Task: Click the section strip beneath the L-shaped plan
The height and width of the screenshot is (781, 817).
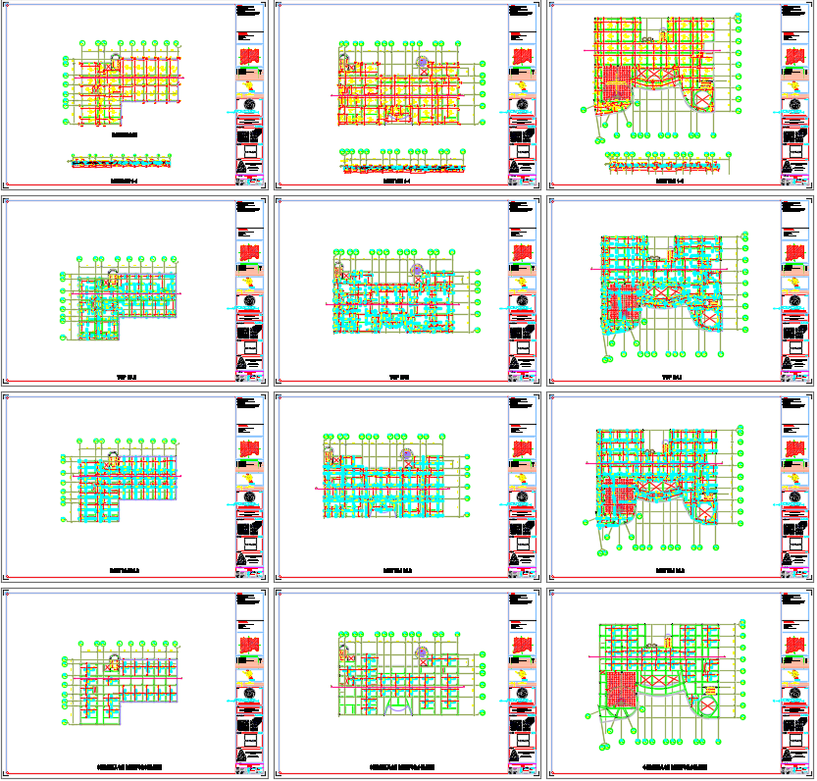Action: pos(122,162)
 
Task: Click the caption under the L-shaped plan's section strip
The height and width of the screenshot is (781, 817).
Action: pos(125,181)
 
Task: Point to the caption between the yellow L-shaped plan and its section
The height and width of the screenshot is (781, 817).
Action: pos(125,135)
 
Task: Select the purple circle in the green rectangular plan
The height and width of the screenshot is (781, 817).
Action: pos(422,652)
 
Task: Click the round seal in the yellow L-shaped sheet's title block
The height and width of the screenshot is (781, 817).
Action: pos(250,105)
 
